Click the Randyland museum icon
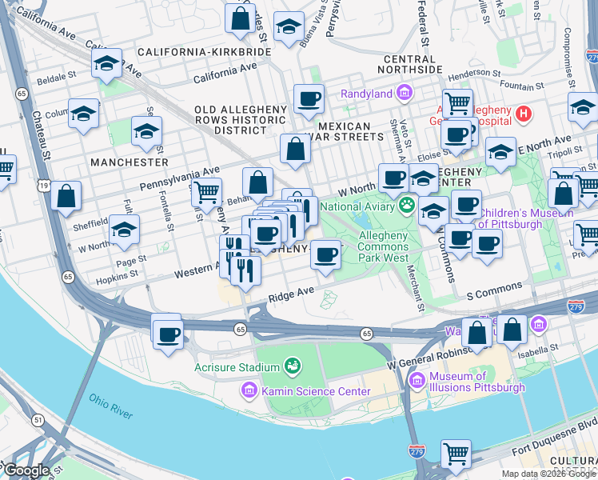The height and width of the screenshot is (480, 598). click(x=405, y=94)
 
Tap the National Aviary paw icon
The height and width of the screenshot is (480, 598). click(x=409, y=206)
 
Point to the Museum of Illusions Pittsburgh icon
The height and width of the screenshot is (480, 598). click(x=417, y=382)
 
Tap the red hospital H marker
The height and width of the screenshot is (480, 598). click(x=524, y=114)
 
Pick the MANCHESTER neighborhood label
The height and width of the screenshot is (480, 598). click(x=130, y=162)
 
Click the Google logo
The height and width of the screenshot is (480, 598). click(x=26, y=470)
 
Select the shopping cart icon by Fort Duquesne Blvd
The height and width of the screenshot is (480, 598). click(x=456, y=454)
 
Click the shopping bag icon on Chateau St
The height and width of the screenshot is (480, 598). click(x=66, y=195)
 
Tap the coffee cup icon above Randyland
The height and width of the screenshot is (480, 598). click(x=309, y=100)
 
